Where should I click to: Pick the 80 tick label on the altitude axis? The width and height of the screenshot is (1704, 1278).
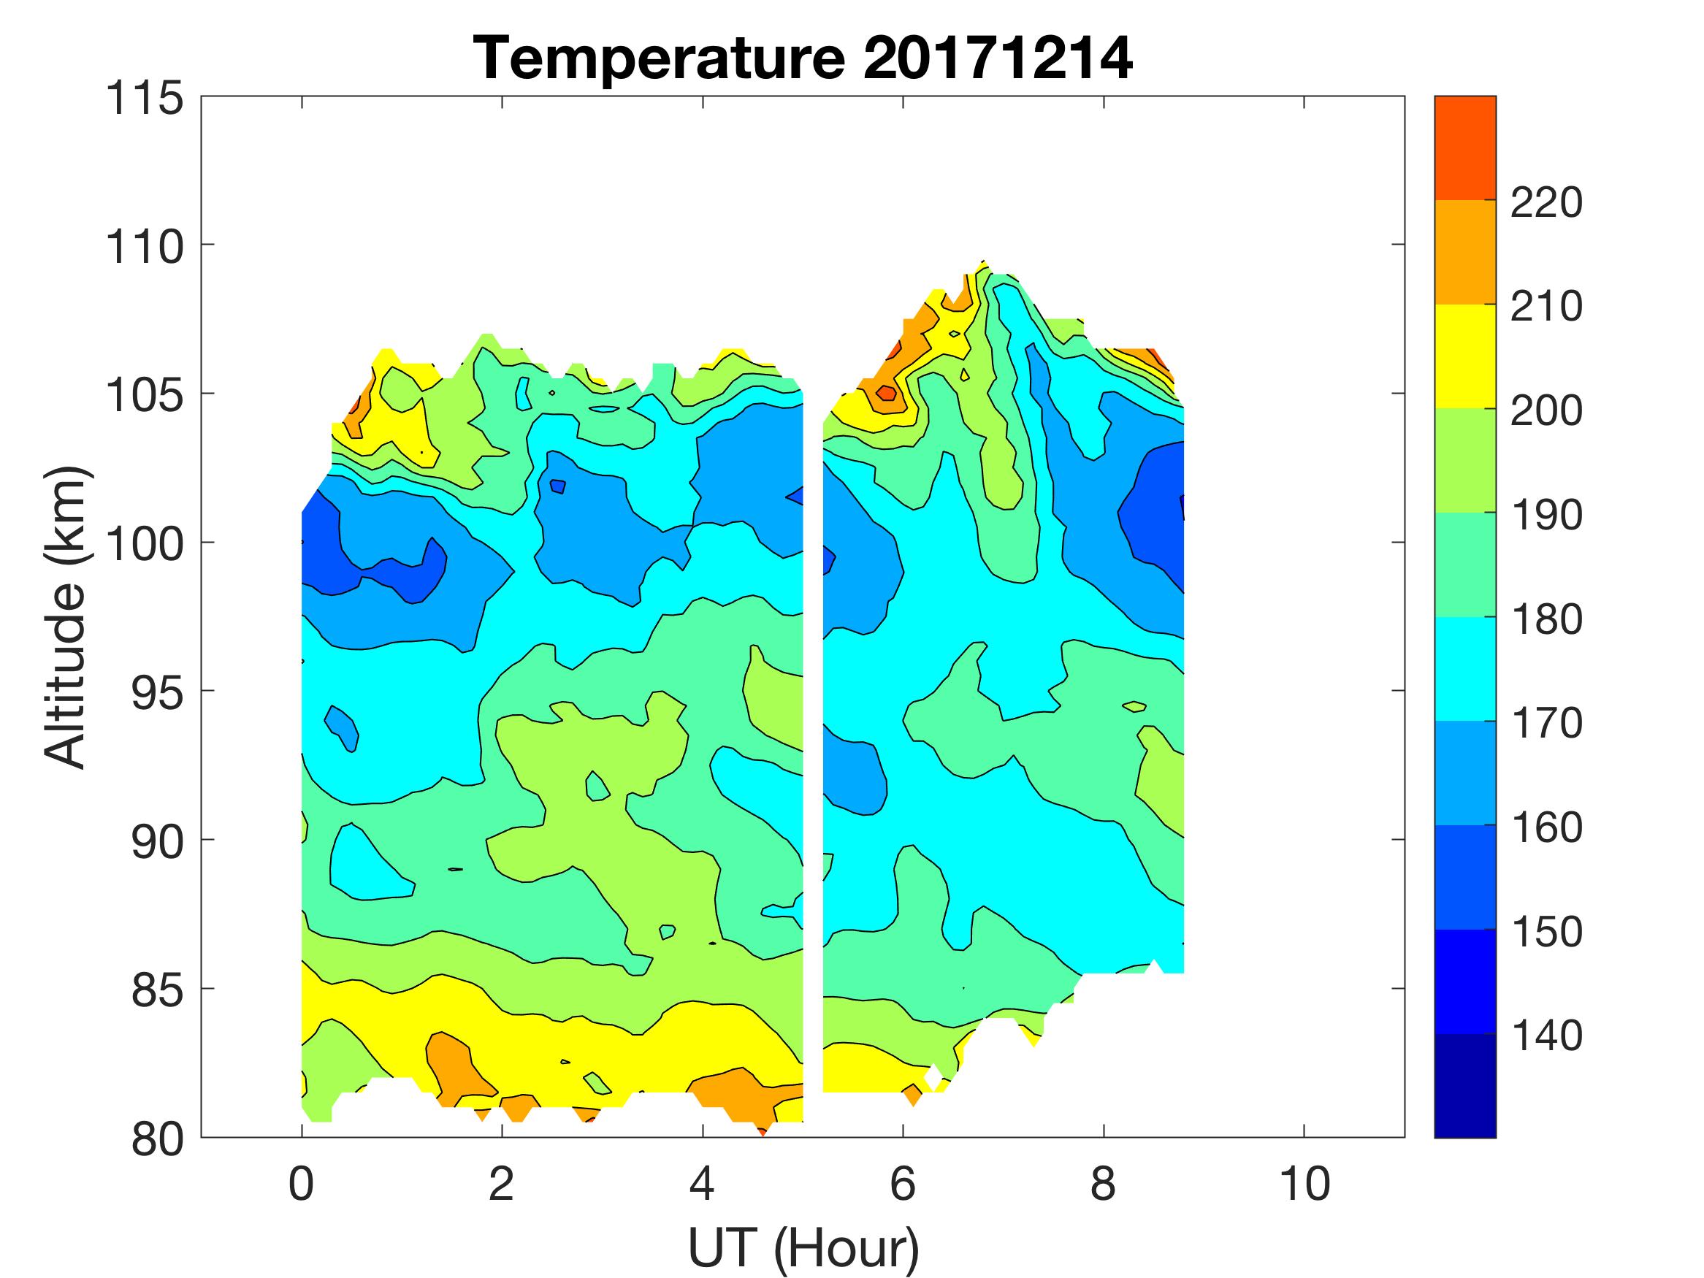(x=157, y=1139)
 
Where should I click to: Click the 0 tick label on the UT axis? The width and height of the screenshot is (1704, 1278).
(x=301, y=1184)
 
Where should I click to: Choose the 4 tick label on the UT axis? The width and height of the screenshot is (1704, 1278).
(x=702, y=1184)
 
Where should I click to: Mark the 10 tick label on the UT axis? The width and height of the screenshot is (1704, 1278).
(x=1304, y=1184)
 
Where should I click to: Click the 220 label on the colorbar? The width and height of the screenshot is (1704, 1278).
(x=1546, y=203)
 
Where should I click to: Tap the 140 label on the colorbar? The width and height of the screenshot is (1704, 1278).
(x=1546, y=1036)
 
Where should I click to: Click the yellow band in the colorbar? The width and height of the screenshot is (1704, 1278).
(x=1464, y=356)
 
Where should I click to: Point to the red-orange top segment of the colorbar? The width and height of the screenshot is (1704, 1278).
(x=1464, y=148)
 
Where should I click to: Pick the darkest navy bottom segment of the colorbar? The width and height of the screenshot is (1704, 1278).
(x=1464, y=1085)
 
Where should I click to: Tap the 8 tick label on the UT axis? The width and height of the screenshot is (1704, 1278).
(x=1103, y=1184)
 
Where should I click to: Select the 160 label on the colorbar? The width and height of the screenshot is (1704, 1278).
(x=1546, y=827)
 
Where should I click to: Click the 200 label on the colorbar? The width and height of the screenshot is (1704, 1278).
(x=1546, y=411)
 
